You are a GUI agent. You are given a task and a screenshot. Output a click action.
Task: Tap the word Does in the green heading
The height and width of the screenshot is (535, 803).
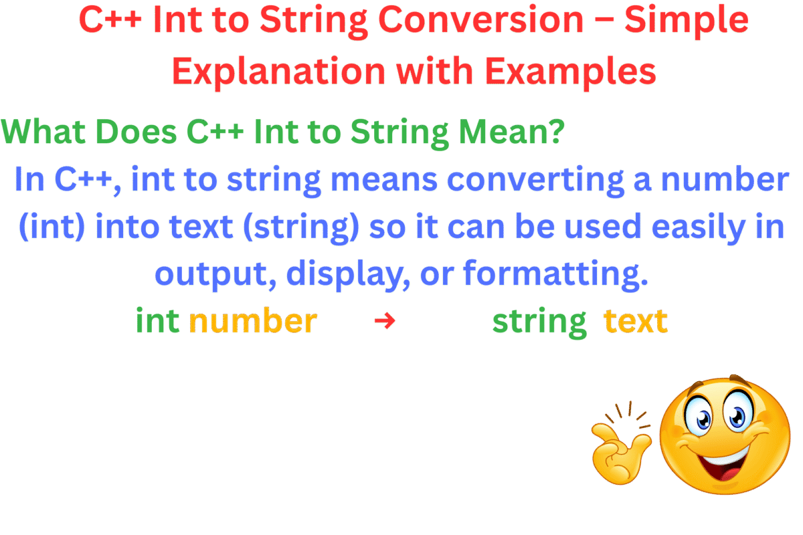137,132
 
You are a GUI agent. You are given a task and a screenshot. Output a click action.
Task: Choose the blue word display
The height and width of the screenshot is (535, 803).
347,274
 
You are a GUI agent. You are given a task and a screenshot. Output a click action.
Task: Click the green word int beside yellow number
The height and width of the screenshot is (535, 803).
158,322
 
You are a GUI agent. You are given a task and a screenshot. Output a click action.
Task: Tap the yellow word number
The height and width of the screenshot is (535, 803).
253,322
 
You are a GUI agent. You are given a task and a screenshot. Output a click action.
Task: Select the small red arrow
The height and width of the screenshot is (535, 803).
385,322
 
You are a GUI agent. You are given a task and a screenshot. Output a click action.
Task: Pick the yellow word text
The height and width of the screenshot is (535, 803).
635,322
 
